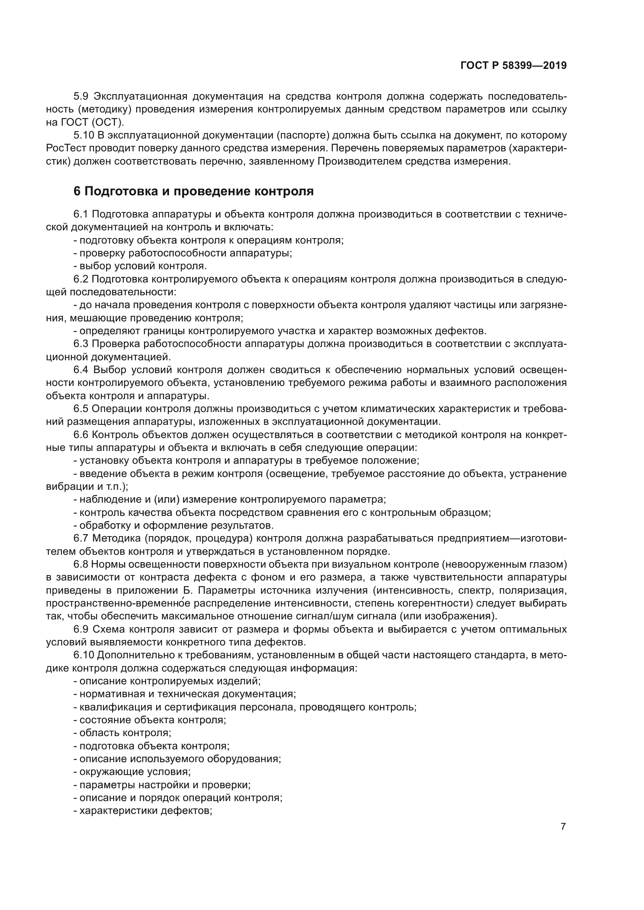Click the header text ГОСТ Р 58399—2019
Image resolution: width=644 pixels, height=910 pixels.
click(x=514, y=65)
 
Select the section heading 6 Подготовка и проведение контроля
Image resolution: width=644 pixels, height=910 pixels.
click(x=194, y=191)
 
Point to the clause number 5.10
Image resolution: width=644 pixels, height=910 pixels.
click(x=84, y=135)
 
